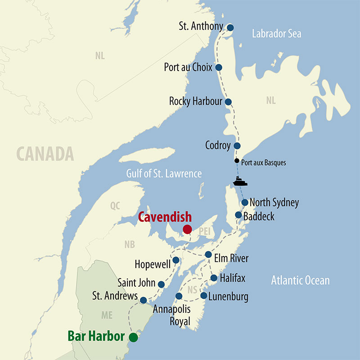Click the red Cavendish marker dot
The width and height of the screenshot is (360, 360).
click(187, 229)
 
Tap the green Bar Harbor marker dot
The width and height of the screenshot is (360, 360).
click(133, 337)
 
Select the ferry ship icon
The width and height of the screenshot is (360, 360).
click(240, 182)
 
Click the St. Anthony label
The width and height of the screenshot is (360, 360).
click(201, 27)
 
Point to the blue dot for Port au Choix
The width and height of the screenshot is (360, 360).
click(219, 67)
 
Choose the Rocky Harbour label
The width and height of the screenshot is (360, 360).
click(196, 101)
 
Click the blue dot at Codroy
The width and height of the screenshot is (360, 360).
click(237, 146)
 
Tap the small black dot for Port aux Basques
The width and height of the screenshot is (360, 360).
click(237, 161)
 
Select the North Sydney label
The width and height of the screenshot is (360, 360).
click(274, 202)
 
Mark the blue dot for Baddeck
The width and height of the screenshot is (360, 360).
click(238, 215)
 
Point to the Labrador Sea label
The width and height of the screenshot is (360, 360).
click(276, 34)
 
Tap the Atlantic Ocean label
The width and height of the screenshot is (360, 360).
click(300, 281)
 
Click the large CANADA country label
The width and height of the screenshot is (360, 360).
click(45, 154)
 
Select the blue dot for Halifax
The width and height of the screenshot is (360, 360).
click(214, 278)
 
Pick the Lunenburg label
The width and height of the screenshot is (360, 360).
click(228, 297)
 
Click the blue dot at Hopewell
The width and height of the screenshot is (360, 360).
click(176, 260)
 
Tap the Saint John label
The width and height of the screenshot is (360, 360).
click(136, 283)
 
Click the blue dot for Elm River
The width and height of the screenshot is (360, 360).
click(208, 255)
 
